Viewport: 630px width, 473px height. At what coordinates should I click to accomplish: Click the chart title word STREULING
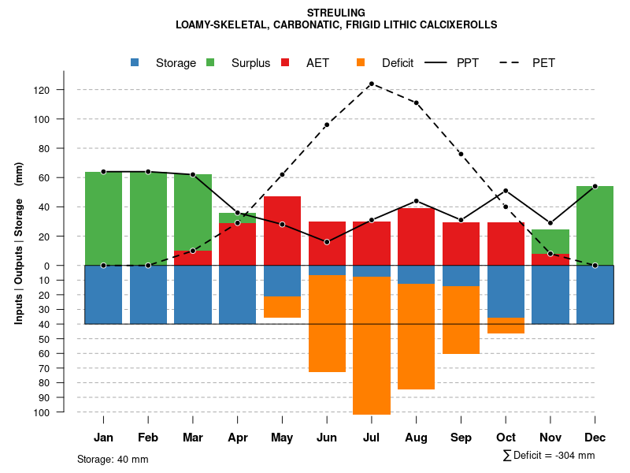click(336, 13)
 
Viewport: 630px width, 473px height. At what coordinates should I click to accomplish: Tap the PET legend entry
click(543, 63)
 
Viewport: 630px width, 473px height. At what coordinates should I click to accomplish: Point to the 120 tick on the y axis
click(64, 90)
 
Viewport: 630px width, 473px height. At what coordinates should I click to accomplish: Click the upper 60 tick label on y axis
click(64, 178)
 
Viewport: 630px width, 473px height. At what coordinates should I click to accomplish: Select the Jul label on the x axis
click(372, 438)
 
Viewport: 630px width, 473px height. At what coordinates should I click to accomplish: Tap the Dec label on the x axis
click(595, 438)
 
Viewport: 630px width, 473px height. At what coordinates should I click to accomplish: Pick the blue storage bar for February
click(148, 295)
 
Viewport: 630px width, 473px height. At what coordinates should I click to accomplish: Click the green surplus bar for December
click(595, 225)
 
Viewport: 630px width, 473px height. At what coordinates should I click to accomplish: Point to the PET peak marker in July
click(372, 84)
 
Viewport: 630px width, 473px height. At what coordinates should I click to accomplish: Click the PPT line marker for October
click(506, 191)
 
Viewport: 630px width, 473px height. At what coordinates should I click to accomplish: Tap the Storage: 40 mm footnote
click(113, 459)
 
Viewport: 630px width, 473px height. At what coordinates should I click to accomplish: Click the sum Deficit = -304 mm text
click(549, 456)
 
